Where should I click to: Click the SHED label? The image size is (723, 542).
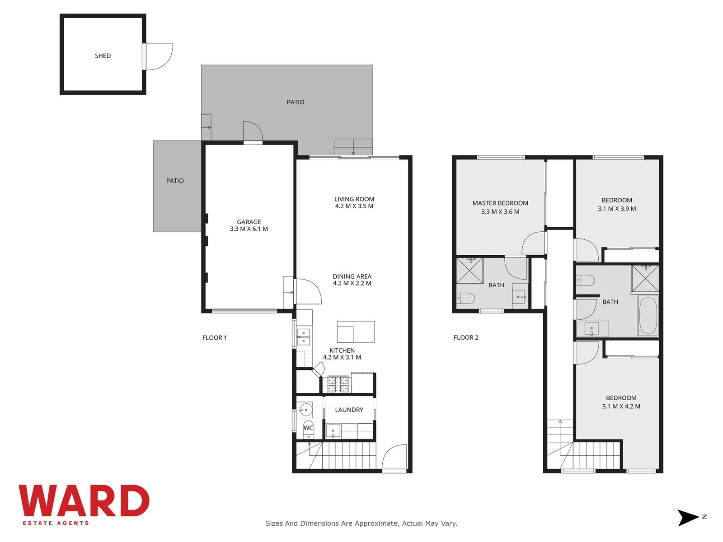[103, 56]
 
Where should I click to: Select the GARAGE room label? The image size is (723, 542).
[249, 222]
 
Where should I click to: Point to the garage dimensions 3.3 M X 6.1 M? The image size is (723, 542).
[249, 229]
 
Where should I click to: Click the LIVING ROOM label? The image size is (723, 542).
[354, 199]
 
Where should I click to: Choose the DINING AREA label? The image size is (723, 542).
[352, 276]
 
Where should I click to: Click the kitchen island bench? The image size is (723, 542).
[356, 332]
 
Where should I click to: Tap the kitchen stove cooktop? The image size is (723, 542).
[338, 384]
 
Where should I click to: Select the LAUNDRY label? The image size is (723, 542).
[349, 410]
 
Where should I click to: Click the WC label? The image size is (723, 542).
[308, 428]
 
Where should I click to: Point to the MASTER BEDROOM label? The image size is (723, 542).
[500, 203]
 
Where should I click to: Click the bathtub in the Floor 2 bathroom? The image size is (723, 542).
[648, 316]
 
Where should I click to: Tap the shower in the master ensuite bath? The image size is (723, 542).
[469, 271]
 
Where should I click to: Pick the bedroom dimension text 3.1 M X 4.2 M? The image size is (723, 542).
[621, 406]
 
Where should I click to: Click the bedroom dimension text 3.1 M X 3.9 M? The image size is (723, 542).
[617, 209]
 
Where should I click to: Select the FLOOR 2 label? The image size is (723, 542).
[466, 337]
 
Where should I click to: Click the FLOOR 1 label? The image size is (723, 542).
[215, 338]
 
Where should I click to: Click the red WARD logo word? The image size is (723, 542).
[84, 500]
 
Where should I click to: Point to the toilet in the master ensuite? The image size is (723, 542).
[465, 298]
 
